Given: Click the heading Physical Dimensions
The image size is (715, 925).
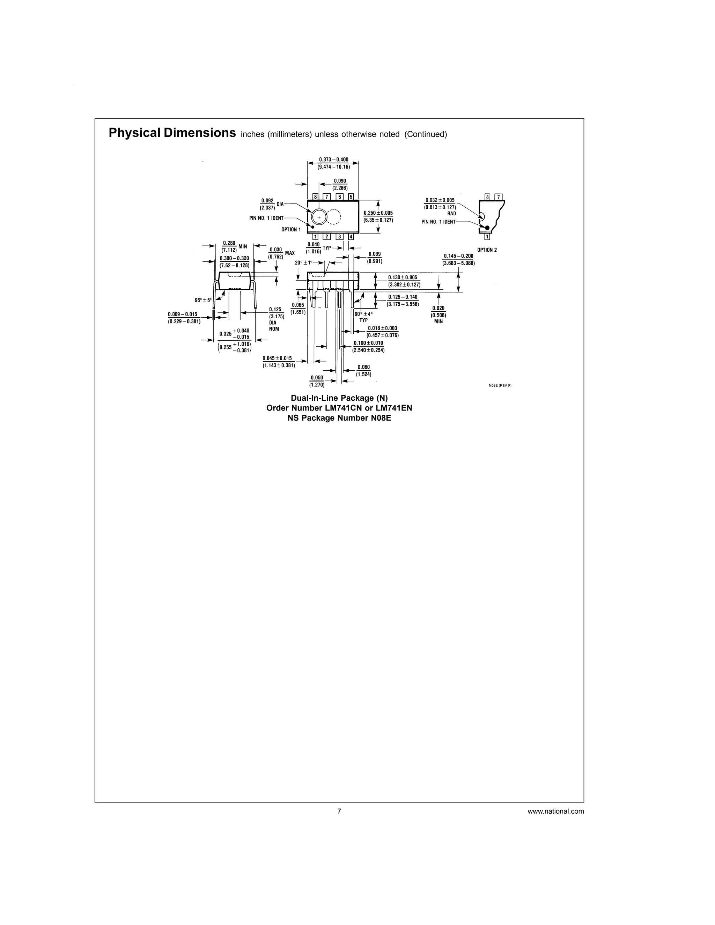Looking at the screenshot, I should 172,133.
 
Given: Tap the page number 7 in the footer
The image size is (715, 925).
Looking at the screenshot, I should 339,811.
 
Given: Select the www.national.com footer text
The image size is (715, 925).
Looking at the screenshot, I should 555,812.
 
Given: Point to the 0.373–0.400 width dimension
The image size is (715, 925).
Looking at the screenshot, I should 333,160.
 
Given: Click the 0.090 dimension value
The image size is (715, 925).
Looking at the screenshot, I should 340,181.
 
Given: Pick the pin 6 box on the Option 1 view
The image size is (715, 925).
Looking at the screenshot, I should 339,197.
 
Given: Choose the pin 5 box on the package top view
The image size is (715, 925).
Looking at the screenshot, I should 351,197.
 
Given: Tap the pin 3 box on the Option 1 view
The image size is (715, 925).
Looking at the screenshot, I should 339,237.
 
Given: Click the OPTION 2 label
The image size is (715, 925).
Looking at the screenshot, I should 487,250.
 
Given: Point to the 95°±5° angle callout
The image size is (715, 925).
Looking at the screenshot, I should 203,300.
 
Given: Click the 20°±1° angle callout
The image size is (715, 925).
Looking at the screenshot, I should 303,262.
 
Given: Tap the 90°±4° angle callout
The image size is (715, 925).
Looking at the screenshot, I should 363,314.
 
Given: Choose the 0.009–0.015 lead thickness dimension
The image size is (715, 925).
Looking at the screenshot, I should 183,314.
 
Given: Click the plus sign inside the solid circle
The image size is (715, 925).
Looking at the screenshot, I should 318,217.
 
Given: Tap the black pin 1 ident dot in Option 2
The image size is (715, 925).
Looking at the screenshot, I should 487,228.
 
